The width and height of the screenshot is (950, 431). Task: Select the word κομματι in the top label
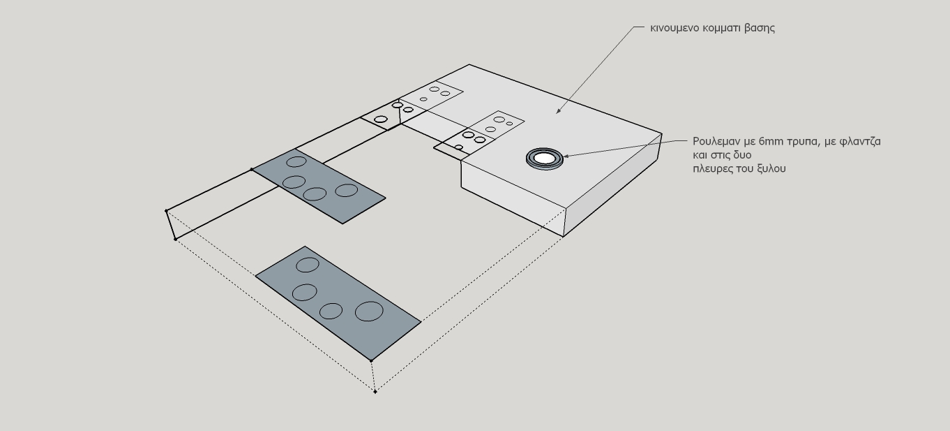[722, 28]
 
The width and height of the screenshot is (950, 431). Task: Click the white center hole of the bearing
[544, 158]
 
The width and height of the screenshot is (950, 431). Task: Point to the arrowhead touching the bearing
[566, 156]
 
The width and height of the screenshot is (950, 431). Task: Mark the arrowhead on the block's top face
[558, 111]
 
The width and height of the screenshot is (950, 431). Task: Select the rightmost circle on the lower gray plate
[369, 312]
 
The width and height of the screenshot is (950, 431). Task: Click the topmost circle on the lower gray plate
[308, 265]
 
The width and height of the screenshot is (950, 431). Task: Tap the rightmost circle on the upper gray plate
[347, 190]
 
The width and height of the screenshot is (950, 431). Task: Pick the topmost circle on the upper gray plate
[296, 162]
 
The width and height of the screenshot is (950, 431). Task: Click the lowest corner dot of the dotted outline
[375, 391]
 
